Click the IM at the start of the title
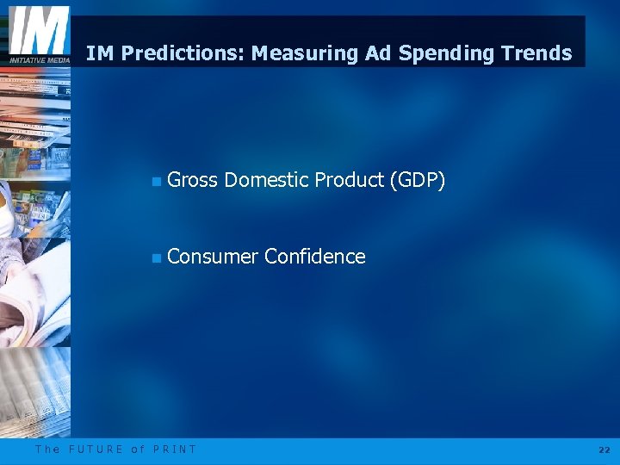click(100, 53)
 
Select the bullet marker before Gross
click(155, 181)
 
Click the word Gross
click(192, 180)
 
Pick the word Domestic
click(266, 180)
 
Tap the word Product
click(349, 180)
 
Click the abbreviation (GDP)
click(417, 180)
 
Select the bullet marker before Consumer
click(155, 257)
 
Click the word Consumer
click(213, 257)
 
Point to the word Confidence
click(315, 257)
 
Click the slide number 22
click(603, 449)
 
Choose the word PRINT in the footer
click(175, 449)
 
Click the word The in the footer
click(47, 449)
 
